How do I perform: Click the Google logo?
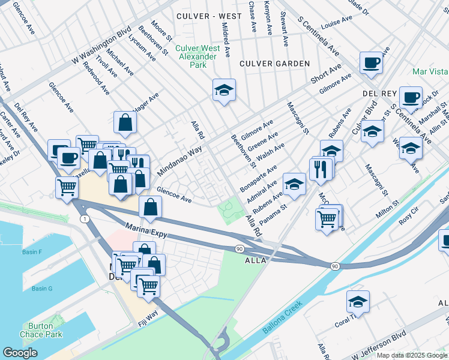(20, 353)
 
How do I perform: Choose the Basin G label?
(42, 289)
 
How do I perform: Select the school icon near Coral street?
(358, 301)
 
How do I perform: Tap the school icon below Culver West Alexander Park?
(224, 90)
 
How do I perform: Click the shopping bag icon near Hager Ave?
(125, 122)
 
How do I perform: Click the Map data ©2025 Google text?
(411, 355)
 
